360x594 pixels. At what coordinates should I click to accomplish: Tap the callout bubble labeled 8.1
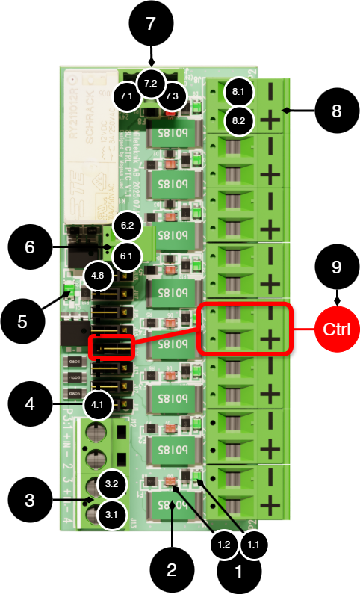tap(239, 92)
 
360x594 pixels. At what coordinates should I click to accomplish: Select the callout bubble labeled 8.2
tap(239, 120)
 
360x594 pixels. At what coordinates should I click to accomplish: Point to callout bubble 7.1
tap(127, 96)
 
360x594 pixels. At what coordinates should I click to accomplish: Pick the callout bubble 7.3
tap(173, 96)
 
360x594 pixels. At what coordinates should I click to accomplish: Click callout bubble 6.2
tap(127, 225)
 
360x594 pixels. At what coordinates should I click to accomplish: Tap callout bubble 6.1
tap(126, 256)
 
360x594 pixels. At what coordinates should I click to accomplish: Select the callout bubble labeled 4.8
tap(98, 276)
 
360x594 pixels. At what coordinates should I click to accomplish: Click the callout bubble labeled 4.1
tap(98, 406)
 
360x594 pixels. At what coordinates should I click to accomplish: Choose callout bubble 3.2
tap(111, 485)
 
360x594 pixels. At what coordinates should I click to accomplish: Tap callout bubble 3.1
tap(111, 515)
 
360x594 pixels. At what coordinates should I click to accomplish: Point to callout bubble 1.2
tap(223, 545)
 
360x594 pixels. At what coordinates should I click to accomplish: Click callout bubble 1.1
tap(253, 545)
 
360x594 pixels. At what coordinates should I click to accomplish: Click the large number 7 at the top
tap(151, 24)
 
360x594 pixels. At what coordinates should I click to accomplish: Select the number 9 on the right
tap(336, 267)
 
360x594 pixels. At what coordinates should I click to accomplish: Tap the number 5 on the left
tap(22, 322)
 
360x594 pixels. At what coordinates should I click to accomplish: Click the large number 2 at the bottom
tap(172, 571)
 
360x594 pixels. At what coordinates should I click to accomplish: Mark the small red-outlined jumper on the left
tap(111, 347)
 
